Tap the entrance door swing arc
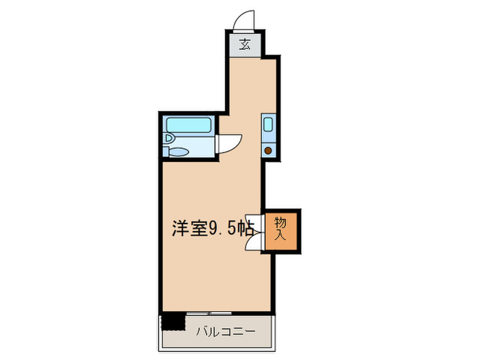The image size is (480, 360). [x=245, y=21]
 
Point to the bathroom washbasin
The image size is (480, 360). [x=168, y=138]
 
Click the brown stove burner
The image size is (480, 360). [x=269, y=150]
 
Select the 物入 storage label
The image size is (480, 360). [x=280, y=228]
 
